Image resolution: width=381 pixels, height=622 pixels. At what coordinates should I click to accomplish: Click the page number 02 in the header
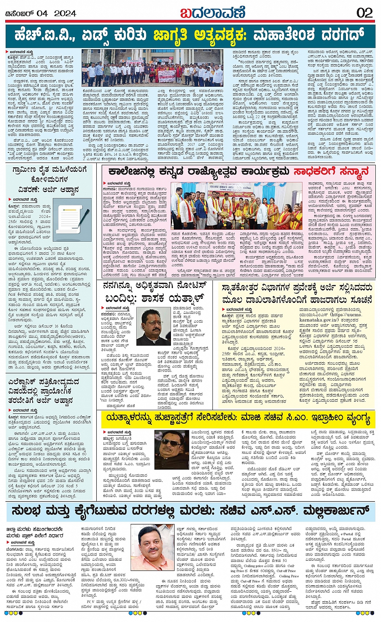tap(364, 13)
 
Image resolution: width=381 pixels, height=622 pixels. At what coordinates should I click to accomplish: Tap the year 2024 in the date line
tap(65, 13)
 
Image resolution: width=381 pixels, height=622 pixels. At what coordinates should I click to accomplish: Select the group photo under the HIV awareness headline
tap(152, 68)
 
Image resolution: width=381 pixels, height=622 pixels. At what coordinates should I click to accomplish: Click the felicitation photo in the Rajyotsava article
tap(236, 206)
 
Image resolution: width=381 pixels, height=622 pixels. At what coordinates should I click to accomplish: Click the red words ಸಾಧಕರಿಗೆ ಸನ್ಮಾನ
tap(331, 171)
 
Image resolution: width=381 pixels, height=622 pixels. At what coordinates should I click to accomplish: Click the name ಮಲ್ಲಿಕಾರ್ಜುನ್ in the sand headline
tap(326, 511)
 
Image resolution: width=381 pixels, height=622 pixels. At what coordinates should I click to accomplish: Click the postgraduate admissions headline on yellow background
tap(296, 293)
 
